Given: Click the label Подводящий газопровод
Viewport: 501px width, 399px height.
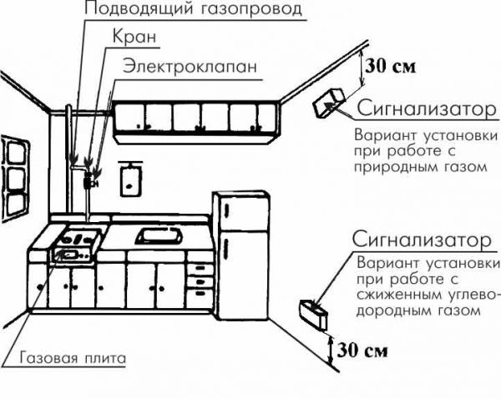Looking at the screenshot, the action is pyautogui.click(x=193, y=8).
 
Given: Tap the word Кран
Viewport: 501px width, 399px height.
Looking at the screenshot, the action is pyautogui.click(x=134, y=36).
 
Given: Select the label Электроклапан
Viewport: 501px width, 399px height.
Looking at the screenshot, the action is pyautogui.click(x=190, y=67).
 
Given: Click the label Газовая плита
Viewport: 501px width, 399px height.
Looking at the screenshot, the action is pyautogui.click(x=73, y=358).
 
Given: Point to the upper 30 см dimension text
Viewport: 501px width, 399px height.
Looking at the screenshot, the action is pyautogui.click(x=391, y=66).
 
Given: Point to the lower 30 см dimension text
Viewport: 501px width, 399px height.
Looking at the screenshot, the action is pyautogui.click(x=362, y=350).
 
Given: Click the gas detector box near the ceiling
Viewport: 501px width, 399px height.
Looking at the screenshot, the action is pyautogui.click(x=329, y=102).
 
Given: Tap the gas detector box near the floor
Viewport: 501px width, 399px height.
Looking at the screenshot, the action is pyautogui.click(x=313, y=315).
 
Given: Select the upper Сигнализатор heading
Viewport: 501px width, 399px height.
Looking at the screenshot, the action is pyautogui.click(x=427, y=109).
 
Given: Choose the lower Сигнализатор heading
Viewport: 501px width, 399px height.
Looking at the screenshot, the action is pyautogui.click(x=422, y=240).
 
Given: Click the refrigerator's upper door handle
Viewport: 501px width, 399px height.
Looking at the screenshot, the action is pyautogui.click(x=226, y=210).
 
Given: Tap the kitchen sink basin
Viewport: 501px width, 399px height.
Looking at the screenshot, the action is pyautogui.click(x=159, y=235).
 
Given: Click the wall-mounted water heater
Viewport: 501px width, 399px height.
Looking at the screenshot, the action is pyautogui.click(x=130, y=179).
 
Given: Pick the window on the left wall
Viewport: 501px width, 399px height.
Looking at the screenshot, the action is pyautogui.click(x=14, y=179).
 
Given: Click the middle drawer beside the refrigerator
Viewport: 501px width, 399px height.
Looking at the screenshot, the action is pyautogui.click(x=200, y=280).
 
